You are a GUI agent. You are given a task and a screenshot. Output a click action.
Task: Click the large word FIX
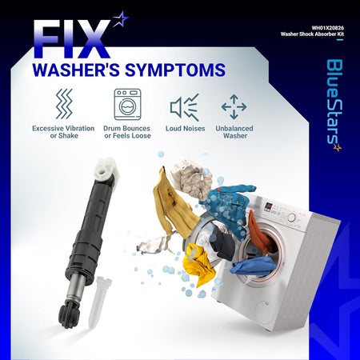pos(72,39)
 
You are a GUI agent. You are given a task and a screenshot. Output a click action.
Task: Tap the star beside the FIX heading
pos(121,19)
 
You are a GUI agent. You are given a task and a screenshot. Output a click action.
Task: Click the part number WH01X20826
pos(328,28)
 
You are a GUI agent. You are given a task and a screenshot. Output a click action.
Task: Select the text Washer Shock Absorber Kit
pos(312,34)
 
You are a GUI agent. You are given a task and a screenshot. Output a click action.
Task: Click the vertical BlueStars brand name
pos(334,105)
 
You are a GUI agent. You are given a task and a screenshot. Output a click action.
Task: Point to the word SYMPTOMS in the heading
pos(175,70)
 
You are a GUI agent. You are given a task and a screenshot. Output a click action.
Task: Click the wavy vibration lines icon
pos(64,104)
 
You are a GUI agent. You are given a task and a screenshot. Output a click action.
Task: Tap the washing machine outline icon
pos(127,104)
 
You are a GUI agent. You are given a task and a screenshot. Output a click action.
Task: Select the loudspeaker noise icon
pos(185,107)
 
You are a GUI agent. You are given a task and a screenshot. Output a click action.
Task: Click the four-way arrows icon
pos(234,106)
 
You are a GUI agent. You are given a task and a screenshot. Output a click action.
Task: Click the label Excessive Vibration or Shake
pos(63,132)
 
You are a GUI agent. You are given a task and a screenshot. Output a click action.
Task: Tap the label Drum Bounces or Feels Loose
pos(127,132)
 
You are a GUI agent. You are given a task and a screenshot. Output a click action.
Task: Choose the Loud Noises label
pos(186,129)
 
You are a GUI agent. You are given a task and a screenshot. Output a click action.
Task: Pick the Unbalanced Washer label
pos(234,132)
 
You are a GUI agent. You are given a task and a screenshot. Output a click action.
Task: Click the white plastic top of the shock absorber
pos(106,169)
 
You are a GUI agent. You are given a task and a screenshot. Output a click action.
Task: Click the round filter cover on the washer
pos(265,313)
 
